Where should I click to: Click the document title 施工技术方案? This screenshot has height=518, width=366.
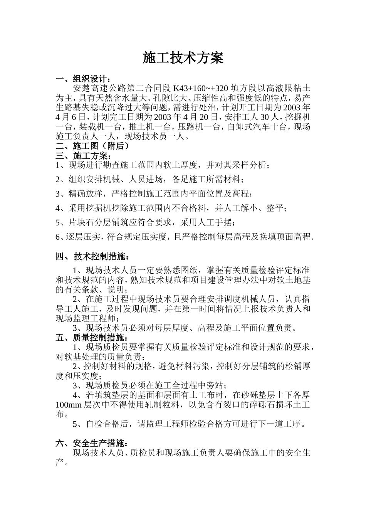(x=183, y=58)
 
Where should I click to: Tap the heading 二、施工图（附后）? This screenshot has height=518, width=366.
(x=92, y=146)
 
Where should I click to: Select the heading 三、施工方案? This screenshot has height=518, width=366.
(x=83, y=156)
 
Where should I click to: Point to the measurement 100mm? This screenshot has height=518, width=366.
(x=69, y=405)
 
